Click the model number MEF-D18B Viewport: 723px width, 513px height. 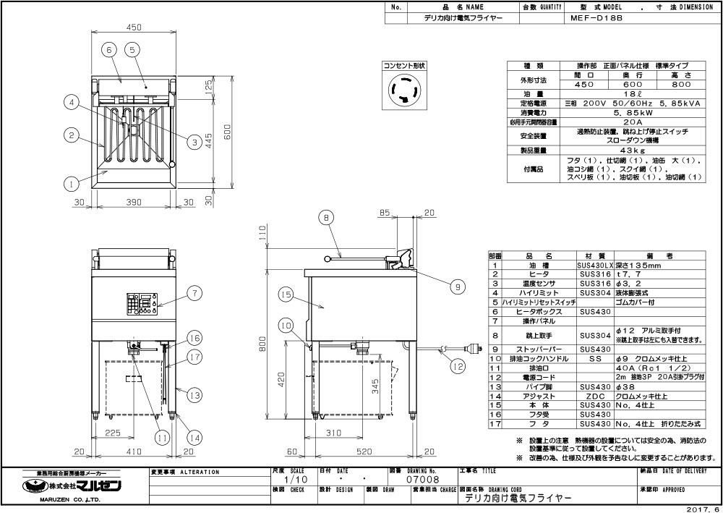(x=590, y=20)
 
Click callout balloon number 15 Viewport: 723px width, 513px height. (x=286, y=294)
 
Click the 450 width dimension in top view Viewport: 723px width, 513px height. (x=133, y=27)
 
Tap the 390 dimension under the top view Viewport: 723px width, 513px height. (x=134, y=203)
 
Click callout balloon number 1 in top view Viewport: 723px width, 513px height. (x=71, y=184)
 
